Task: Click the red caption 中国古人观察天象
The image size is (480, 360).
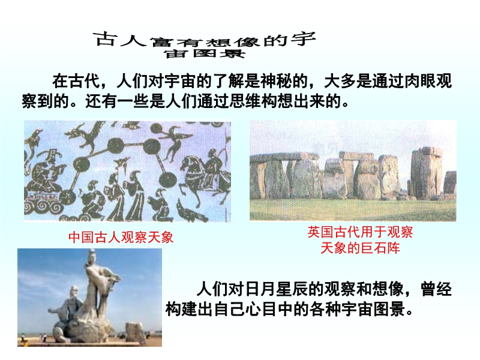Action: click(x=121, y=238)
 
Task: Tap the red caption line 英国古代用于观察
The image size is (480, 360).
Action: click(x=361, y=232)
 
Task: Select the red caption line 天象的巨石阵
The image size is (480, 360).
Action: click(x=361, y=248)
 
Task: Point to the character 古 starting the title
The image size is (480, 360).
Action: click(x=105, y=39)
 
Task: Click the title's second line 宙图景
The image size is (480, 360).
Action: click(x=205, y=53)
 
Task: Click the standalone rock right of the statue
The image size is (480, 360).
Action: click(x=135, y=333)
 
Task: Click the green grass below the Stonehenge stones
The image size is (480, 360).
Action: click(x=353, y=209)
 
